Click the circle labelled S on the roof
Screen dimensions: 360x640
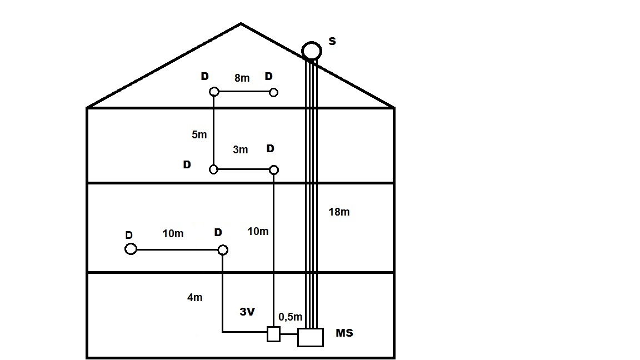[x=312, y=50]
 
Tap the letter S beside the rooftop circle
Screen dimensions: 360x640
[x=332, y=41]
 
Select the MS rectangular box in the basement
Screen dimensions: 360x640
[x=311, y=337]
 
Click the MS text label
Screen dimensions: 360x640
[x=344, y=333]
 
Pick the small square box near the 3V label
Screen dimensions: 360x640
[x=273, y=334]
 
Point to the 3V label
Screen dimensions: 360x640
[x=247, y=312]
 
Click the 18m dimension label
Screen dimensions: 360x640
[x=339, y=212]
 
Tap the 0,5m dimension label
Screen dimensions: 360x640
[x=291, y=317]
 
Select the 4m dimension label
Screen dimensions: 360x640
[x=194, y=298]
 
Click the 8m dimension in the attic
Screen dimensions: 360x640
[x=242, y=78]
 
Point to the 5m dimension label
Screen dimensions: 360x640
[x=199, y=134]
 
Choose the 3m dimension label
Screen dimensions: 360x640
[x=240, y=150]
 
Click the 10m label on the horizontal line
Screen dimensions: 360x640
[x=173, y=234]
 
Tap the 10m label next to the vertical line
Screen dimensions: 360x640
[x=257, y=231]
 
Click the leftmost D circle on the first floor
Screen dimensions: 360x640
[x=131, y=249]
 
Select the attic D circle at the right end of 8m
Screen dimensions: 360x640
[x=273, y=92]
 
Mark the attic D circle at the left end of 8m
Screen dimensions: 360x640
[x=214, y=92]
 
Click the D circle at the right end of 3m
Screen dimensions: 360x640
[x=273, y=169]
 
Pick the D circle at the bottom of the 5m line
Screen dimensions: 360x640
[x=214, y=169]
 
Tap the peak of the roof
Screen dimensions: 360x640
[x=241, y=24]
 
